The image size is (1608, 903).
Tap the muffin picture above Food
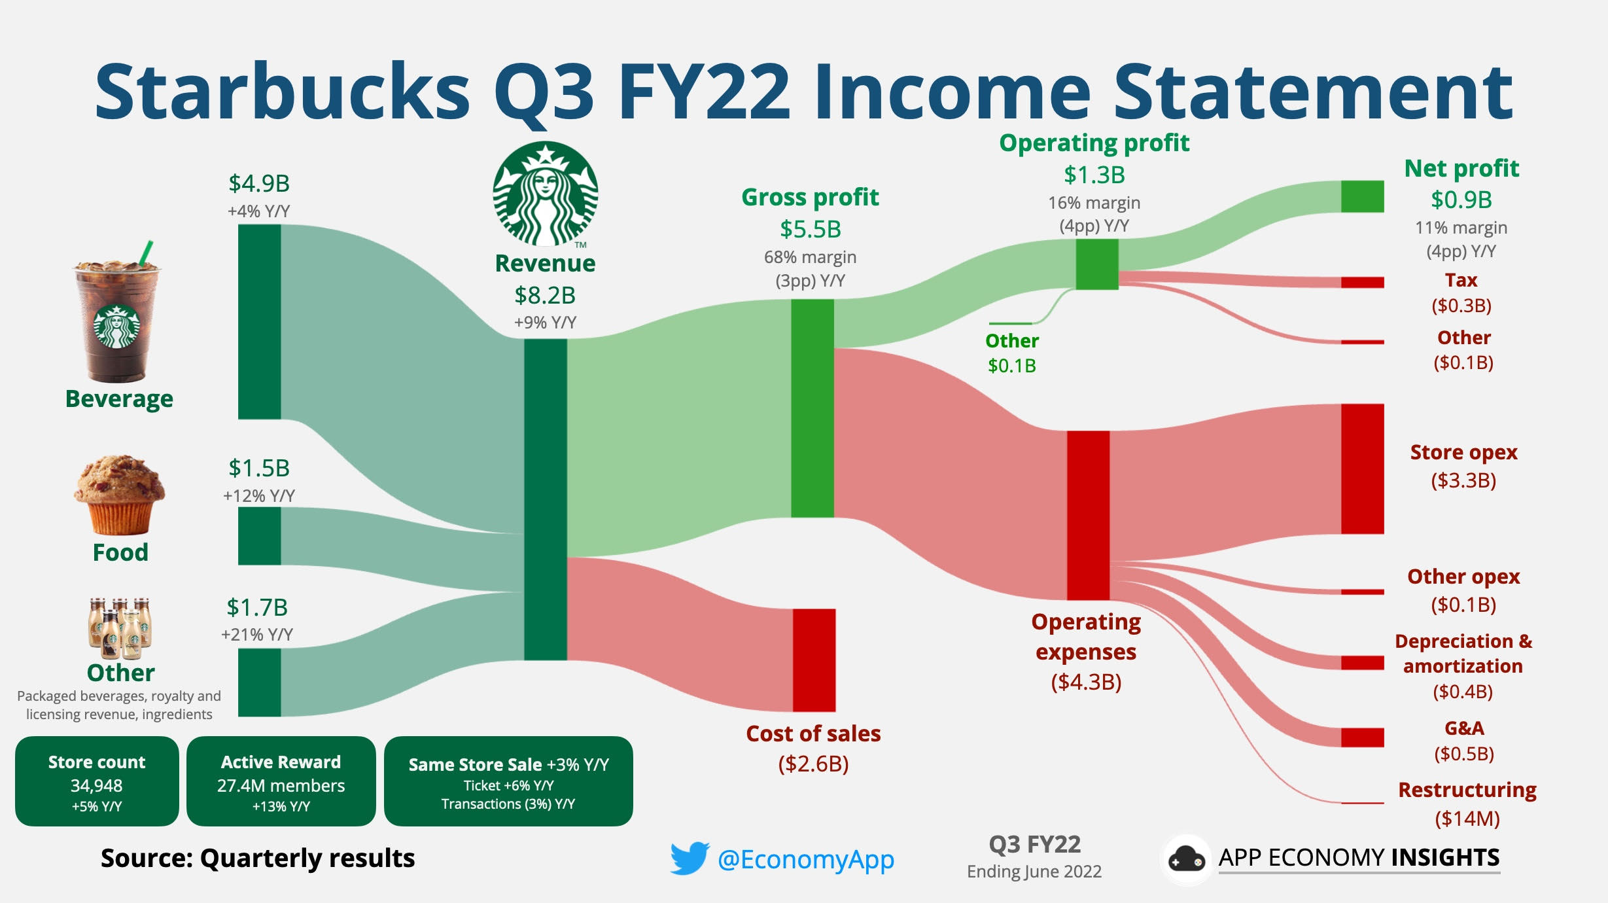click(119, 495)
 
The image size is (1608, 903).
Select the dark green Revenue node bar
click(545, 499)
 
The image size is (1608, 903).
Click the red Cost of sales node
click(814, 660)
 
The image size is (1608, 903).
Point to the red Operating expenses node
click(1088, 515)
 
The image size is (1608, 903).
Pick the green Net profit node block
click(1362, 196)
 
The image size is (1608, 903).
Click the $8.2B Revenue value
click(545, 295)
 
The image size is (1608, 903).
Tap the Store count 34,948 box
click(97, 781)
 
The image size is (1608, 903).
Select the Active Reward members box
click(281, 781)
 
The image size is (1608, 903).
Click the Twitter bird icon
click(689, 858)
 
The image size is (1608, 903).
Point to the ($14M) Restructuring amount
click(1467, 818)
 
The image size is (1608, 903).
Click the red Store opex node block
click(1362, 469)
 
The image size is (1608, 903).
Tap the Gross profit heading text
click(810, 197)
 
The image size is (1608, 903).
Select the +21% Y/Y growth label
click(257, 634)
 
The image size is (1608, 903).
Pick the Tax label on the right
click(1461, 280)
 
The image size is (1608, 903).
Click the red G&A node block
click(1362, 737)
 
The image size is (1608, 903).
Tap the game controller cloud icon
click(1186, 859)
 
